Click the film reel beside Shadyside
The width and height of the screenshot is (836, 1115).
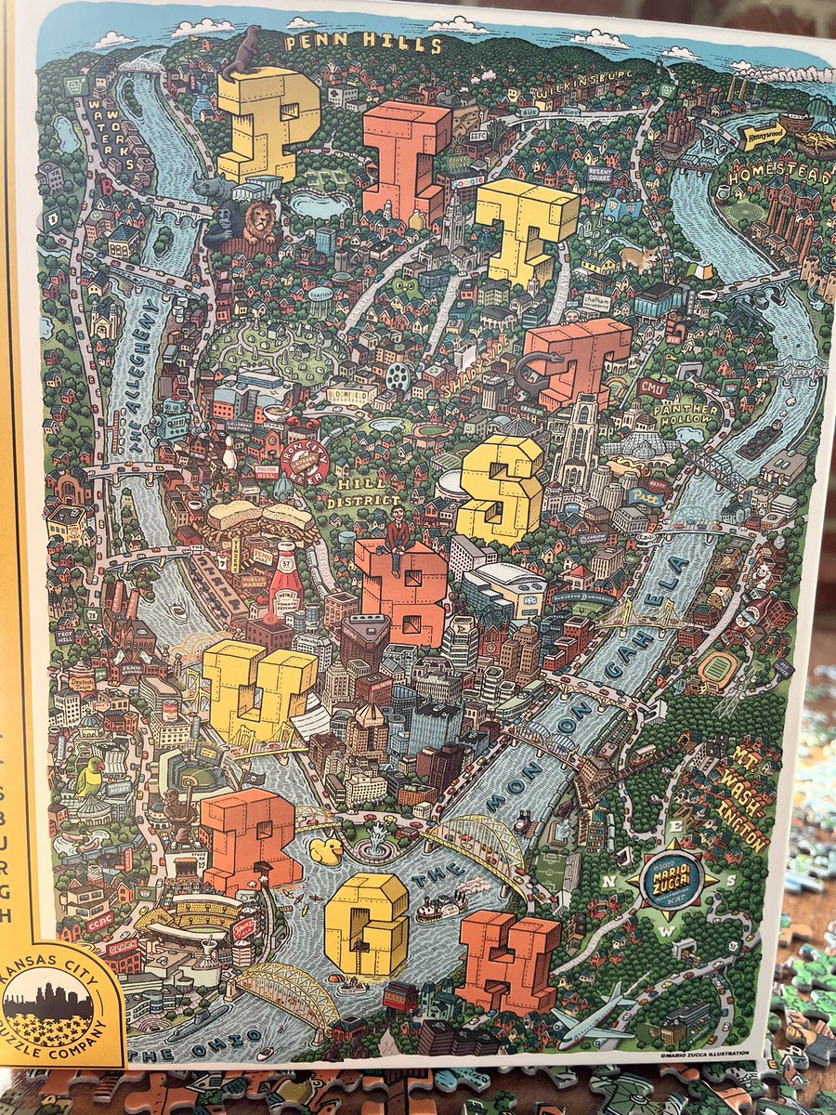[x=398, y=375]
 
